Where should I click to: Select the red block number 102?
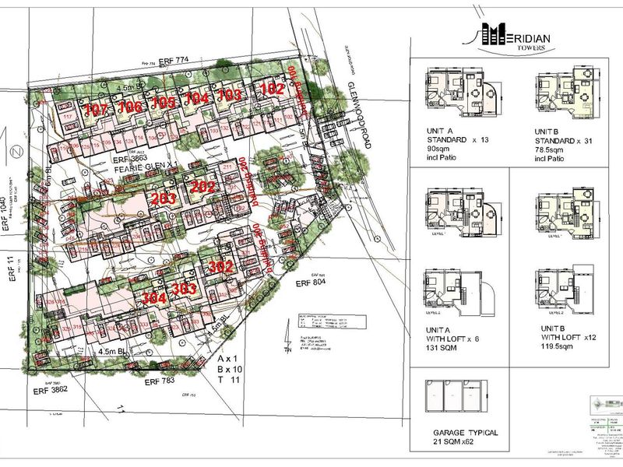(272, 90)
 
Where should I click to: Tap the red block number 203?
(164, 199)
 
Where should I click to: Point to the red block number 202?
(202, 187)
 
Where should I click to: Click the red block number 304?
(156, 297)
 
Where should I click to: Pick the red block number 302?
(222, 266)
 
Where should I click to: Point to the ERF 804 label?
(311, 285)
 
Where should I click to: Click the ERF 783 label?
(160, 381)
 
